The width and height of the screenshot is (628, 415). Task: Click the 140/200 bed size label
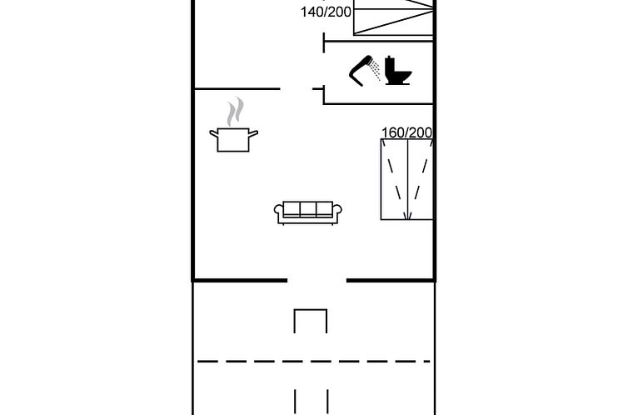click(326, 12)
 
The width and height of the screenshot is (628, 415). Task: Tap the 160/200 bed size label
click(406, 132)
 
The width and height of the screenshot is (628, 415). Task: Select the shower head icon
click(365, 71)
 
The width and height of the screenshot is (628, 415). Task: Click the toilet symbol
click(398, 71)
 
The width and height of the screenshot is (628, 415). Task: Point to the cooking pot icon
click(233, 140)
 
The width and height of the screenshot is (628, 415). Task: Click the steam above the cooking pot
click(236, 112)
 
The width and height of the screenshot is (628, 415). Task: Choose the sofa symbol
click(308, 212)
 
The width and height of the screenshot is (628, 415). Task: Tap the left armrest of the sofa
click(279, 212)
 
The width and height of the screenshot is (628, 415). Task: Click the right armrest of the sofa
click(337, 212)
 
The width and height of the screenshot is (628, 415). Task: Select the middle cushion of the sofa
click(308, 208)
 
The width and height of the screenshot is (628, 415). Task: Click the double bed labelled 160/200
click(407, 179)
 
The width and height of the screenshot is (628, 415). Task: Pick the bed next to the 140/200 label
click(393, 17)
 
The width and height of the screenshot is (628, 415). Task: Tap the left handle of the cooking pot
click(214, 134)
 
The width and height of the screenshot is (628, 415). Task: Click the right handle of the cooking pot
click(253, 134)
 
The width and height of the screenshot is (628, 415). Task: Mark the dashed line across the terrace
click(314, 362)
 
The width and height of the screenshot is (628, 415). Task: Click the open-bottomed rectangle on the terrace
click(311, 321)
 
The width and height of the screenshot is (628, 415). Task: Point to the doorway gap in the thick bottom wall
click(316, 280)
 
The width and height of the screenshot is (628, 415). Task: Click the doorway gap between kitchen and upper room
click(297, 88)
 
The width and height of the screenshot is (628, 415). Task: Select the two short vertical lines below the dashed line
click(312, 402)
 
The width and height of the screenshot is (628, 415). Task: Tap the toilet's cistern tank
click(391, 64)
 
